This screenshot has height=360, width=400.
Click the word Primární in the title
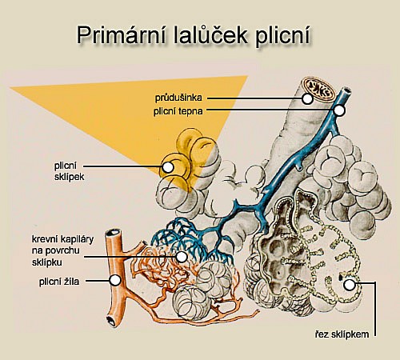(122, 36)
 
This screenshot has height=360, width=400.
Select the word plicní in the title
(283, 36)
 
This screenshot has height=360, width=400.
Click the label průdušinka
(178, 98)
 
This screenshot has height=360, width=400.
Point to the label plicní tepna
(178, 111)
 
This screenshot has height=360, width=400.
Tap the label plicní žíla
(59, 282)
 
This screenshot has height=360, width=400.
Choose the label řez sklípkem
(342, 334)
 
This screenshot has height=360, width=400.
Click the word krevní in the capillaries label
(45, 239)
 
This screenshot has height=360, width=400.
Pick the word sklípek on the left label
(70, 177)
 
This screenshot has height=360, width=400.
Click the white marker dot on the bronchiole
(307, 98)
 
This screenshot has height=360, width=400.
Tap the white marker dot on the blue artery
(339, 110)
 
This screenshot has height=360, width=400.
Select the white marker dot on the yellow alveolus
(168, 167)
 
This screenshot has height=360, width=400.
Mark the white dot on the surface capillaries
(182, 257)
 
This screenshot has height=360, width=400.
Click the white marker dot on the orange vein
(115, 280)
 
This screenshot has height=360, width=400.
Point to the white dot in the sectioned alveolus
(349, 285)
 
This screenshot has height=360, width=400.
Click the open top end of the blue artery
(346, 90)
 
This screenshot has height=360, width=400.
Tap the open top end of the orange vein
(113, 233)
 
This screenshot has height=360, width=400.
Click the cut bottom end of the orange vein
(110, 320)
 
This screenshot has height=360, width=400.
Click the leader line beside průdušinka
(254, 98)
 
